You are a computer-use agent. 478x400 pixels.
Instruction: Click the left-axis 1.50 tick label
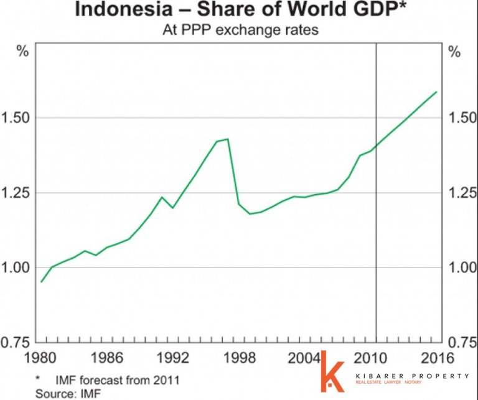15,118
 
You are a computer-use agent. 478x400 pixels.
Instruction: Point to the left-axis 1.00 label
15,267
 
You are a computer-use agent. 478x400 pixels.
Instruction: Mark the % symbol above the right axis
455,52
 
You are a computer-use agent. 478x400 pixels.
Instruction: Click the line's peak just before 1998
228,139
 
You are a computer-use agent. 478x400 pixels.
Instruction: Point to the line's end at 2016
436,92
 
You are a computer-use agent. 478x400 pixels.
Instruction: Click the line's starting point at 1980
41,282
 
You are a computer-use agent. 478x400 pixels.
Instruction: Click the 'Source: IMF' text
68,393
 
